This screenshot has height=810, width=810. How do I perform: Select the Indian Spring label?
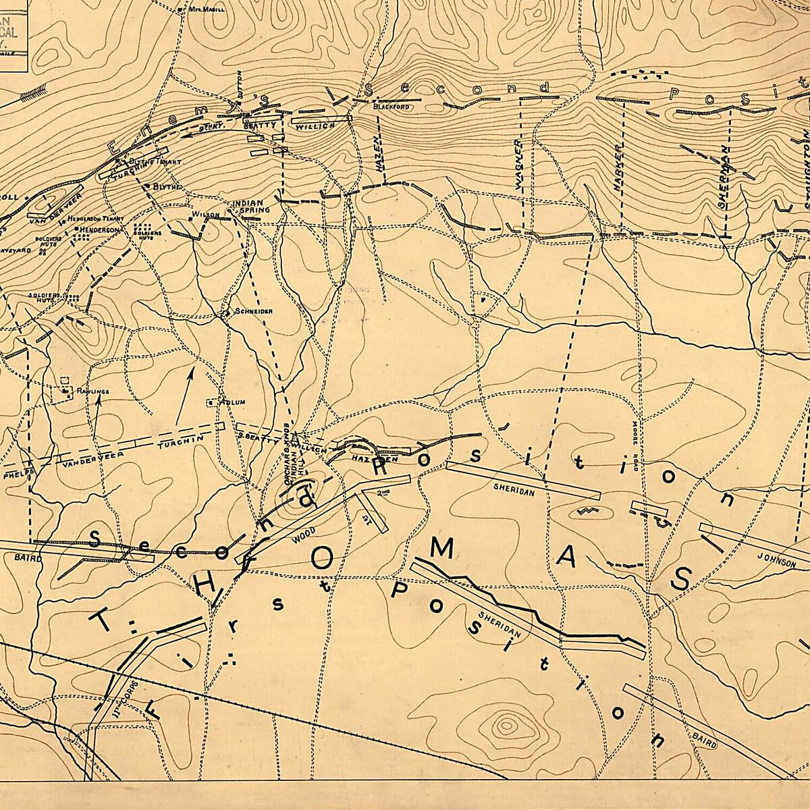tap(251, 206)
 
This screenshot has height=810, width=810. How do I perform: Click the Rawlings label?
tap(93, 391)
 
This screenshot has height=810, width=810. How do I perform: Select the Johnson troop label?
tap(776, 560)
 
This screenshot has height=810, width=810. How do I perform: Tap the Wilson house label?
tap(207, 215)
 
